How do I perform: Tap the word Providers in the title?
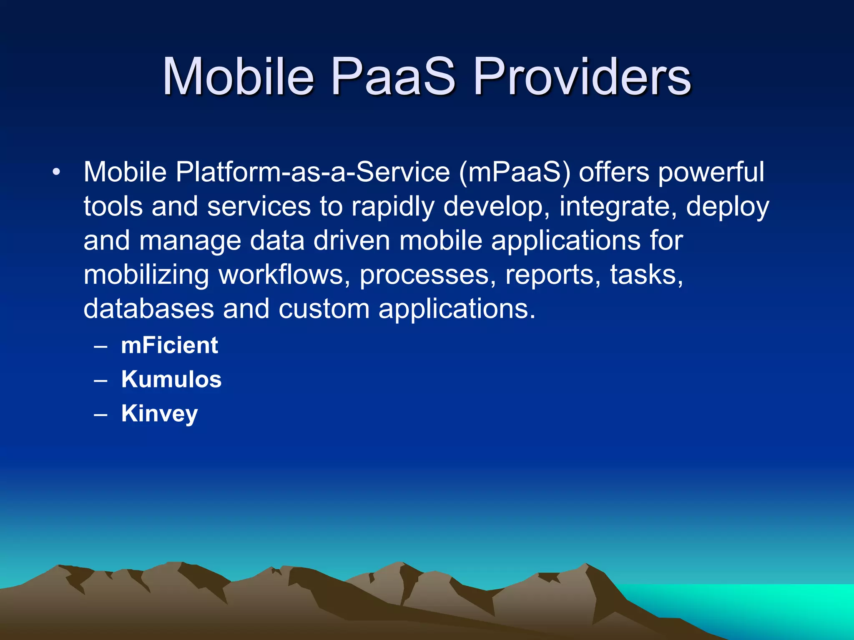(x=582, y=77)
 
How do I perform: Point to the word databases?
(x=149, y=309)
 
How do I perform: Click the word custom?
(x=324, y=309)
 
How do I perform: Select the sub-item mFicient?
(x=169, y=345)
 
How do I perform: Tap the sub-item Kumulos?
(x=171, y=380)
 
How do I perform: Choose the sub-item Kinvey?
(x=159, y=414)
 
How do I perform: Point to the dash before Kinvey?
(x=101, y=415)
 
